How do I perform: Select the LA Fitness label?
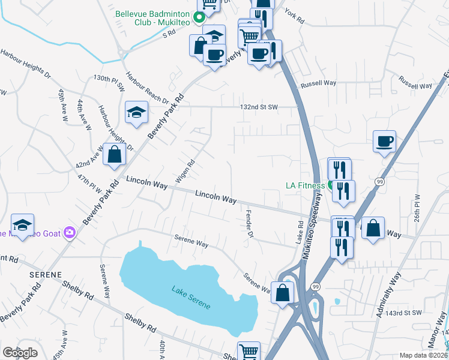(304, 185)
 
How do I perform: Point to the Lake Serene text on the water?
(191, 298)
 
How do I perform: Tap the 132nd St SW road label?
(259, 107)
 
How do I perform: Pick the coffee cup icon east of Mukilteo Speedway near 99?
(384, 142)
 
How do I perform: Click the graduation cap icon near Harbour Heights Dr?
(136, 112)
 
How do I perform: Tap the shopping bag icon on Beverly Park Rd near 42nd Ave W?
(114, 154)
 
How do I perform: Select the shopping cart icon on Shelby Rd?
(249, 352)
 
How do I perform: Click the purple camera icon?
(70, 232)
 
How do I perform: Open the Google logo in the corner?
(20, 353)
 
